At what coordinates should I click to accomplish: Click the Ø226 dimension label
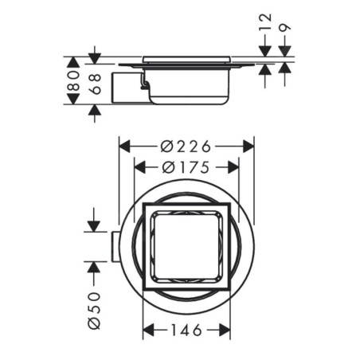pyautogui.click(x=186, y=147)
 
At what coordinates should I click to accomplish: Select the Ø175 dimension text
pyautogui.click(x=186, y=167)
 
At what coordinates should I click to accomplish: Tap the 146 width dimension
pyautogui.click(x=186, y=331)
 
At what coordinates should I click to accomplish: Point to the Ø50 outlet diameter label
pyautogui.click(x=95, y=311)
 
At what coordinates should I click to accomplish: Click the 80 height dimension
pyautogui.click(x=73, y=80)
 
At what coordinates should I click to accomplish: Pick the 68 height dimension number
pyautogui.click(x=96, y=84)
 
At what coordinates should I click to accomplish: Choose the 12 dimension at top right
pyautogui.click(x=265, y=22)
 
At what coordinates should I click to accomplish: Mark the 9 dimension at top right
pyautogui.click(x=285, y=28)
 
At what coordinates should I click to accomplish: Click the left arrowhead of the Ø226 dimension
pyautogui.click(x=125, y=147)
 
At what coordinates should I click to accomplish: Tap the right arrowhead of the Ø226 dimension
pyautogui.click(x=248, y=147)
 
